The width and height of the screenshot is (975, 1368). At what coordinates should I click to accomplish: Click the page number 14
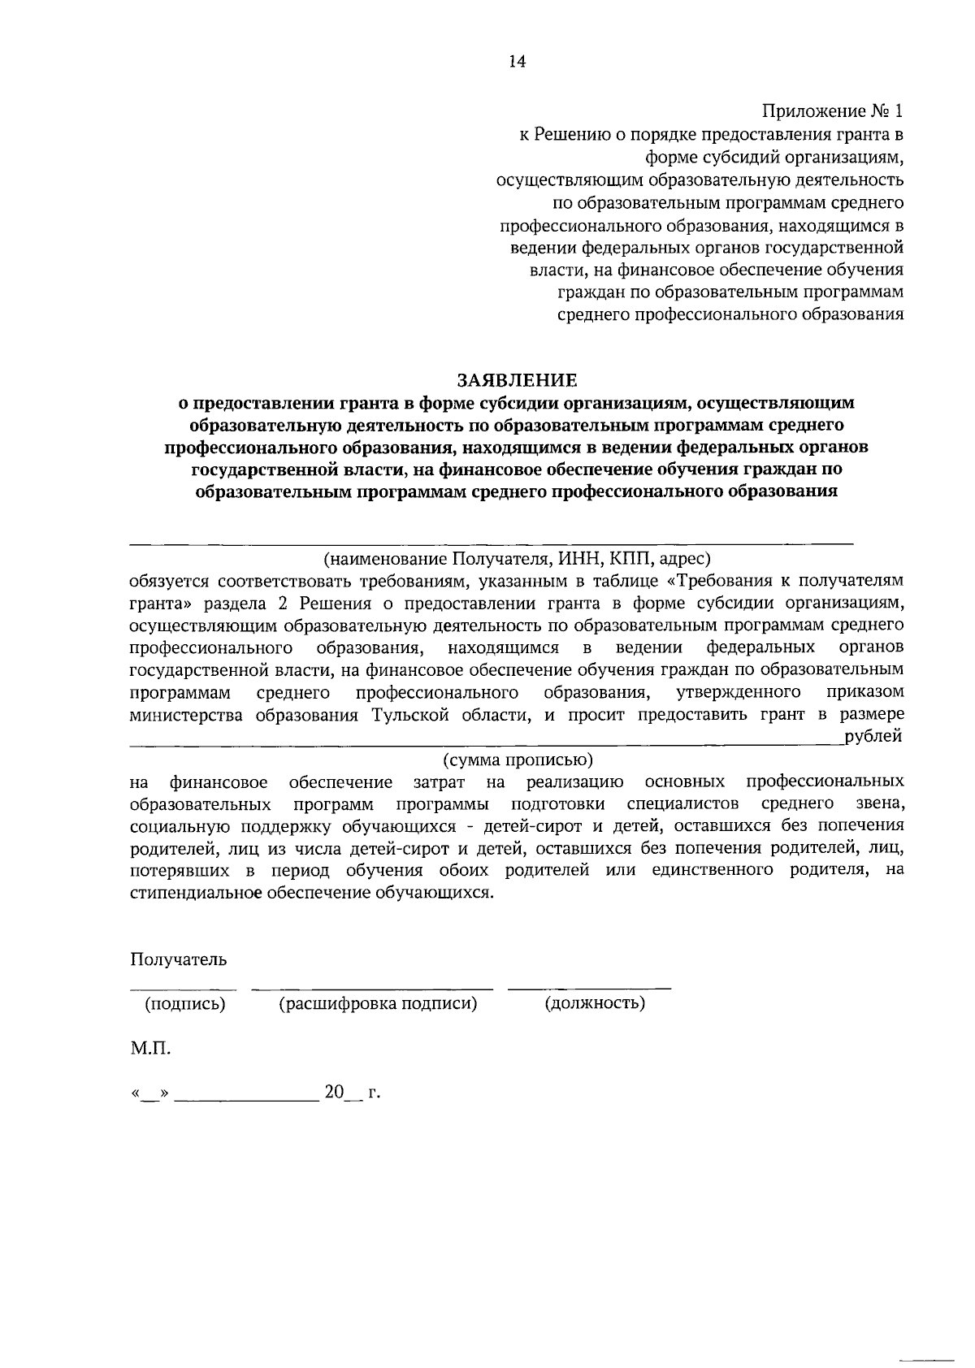[517, 62]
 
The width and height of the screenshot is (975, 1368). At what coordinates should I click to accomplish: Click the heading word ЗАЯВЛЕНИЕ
[517, 379]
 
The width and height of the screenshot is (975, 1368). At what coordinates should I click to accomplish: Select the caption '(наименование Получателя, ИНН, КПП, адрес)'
[517, 559]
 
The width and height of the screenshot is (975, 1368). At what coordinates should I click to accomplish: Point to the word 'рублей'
[873, 737]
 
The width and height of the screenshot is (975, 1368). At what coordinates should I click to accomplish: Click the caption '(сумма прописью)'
[518, 760]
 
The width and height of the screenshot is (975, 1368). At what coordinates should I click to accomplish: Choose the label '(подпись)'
[184, 1003]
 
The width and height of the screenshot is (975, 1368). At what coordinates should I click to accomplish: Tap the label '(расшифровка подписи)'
[378, 1003]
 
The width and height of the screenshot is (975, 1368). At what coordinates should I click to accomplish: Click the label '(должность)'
[596, 1003]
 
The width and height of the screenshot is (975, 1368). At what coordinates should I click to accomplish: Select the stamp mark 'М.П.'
[150, 1049]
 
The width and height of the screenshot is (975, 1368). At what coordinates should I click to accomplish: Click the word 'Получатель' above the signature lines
[179, 959]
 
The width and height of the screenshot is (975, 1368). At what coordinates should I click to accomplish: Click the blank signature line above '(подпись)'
[184, 989]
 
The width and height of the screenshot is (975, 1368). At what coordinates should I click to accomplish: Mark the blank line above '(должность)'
[589, 989]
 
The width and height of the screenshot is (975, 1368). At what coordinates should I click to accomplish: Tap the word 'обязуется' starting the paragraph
[168, 582]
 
